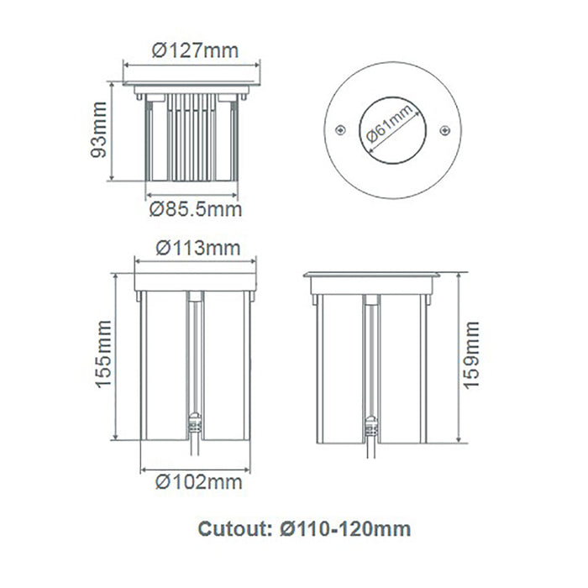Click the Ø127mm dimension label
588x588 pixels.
[x=195, y=50]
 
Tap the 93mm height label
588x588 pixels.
[x=99, y=129]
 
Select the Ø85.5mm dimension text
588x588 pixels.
[x=196, y=209]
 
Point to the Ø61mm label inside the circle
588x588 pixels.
[x=390, y=123]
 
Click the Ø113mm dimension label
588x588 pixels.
[x=198, y=249]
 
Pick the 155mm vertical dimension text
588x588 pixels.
[x=103, y=354]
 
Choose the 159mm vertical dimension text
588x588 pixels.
[x=472, y=355]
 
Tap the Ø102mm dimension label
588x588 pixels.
[x=199, y=482]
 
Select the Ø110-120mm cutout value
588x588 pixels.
[x=345, y=529]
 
